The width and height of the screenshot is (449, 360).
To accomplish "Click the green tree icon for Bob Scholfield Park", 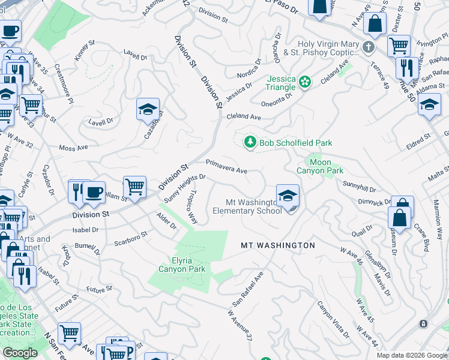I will [x=250, y=142].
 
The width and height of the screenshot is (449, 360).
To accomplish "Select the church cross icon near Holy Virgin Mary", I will [x=369, y=47].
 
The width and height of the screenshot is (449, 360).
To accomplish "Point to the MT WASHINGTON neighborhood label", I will [x=277, y=245].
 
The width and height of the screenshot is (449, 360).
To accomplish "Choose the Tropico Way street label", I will [x=190, y=208].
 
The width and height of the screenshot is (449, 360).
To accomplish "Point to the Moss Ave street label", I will [x=73, y=148].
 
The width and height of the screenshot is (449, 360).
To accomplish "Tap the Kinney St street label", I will [x=85, y=50].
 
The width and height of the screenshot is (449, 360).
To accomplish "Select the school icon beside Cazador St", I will [x=148, y=110].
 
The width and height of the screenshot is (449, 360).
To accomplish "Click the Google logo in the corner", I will [x=20, y=353].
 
